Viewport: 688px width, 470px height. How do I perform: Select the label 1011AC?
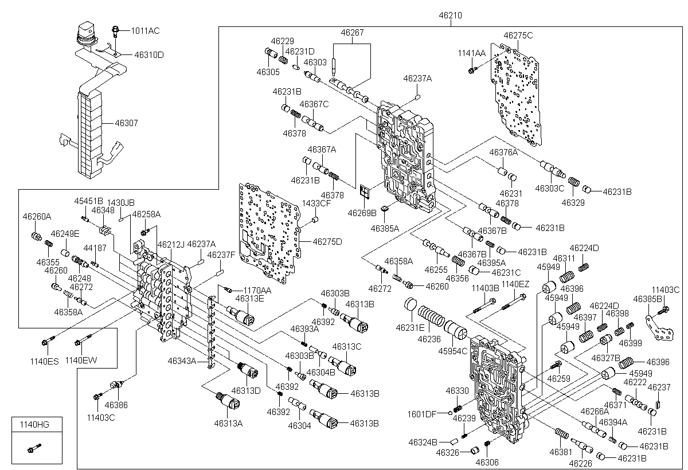click(x=146, y=30)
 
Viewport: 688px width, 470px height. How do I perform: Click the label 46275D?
click(x=327, y=241)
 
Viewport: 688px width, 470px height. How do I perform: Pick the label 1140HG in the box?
click(x=34, y=424)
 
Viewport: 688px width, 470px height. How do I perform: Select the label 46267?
click(x=352, y=33)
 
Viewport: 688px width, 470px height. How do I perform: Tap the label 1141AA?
click(x=471, y=53)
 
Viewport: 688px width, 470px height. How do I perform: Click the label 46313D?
click(x=246, y=390)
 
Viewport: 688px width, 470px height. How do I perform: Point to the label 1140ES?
click(x=45, y=361)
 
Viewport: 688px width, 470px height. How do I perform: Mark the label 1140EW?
click(x=81, y=361)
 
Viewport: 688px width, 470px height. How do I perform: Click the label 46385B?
click(x=648, y=299)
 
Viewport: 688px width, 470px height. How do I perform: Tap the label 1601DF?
click(x=422, y=414)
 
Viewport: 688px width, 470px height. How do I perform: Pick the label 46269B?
click(x=362, y=213)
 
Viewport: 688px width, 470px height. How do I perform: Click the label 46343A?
click(x=182, y=361)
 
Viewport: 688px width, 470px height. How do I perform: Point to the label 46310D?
click(x=149, y=55)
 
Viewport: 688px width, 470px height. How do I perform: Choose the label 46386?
click(x=116, y=405)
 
